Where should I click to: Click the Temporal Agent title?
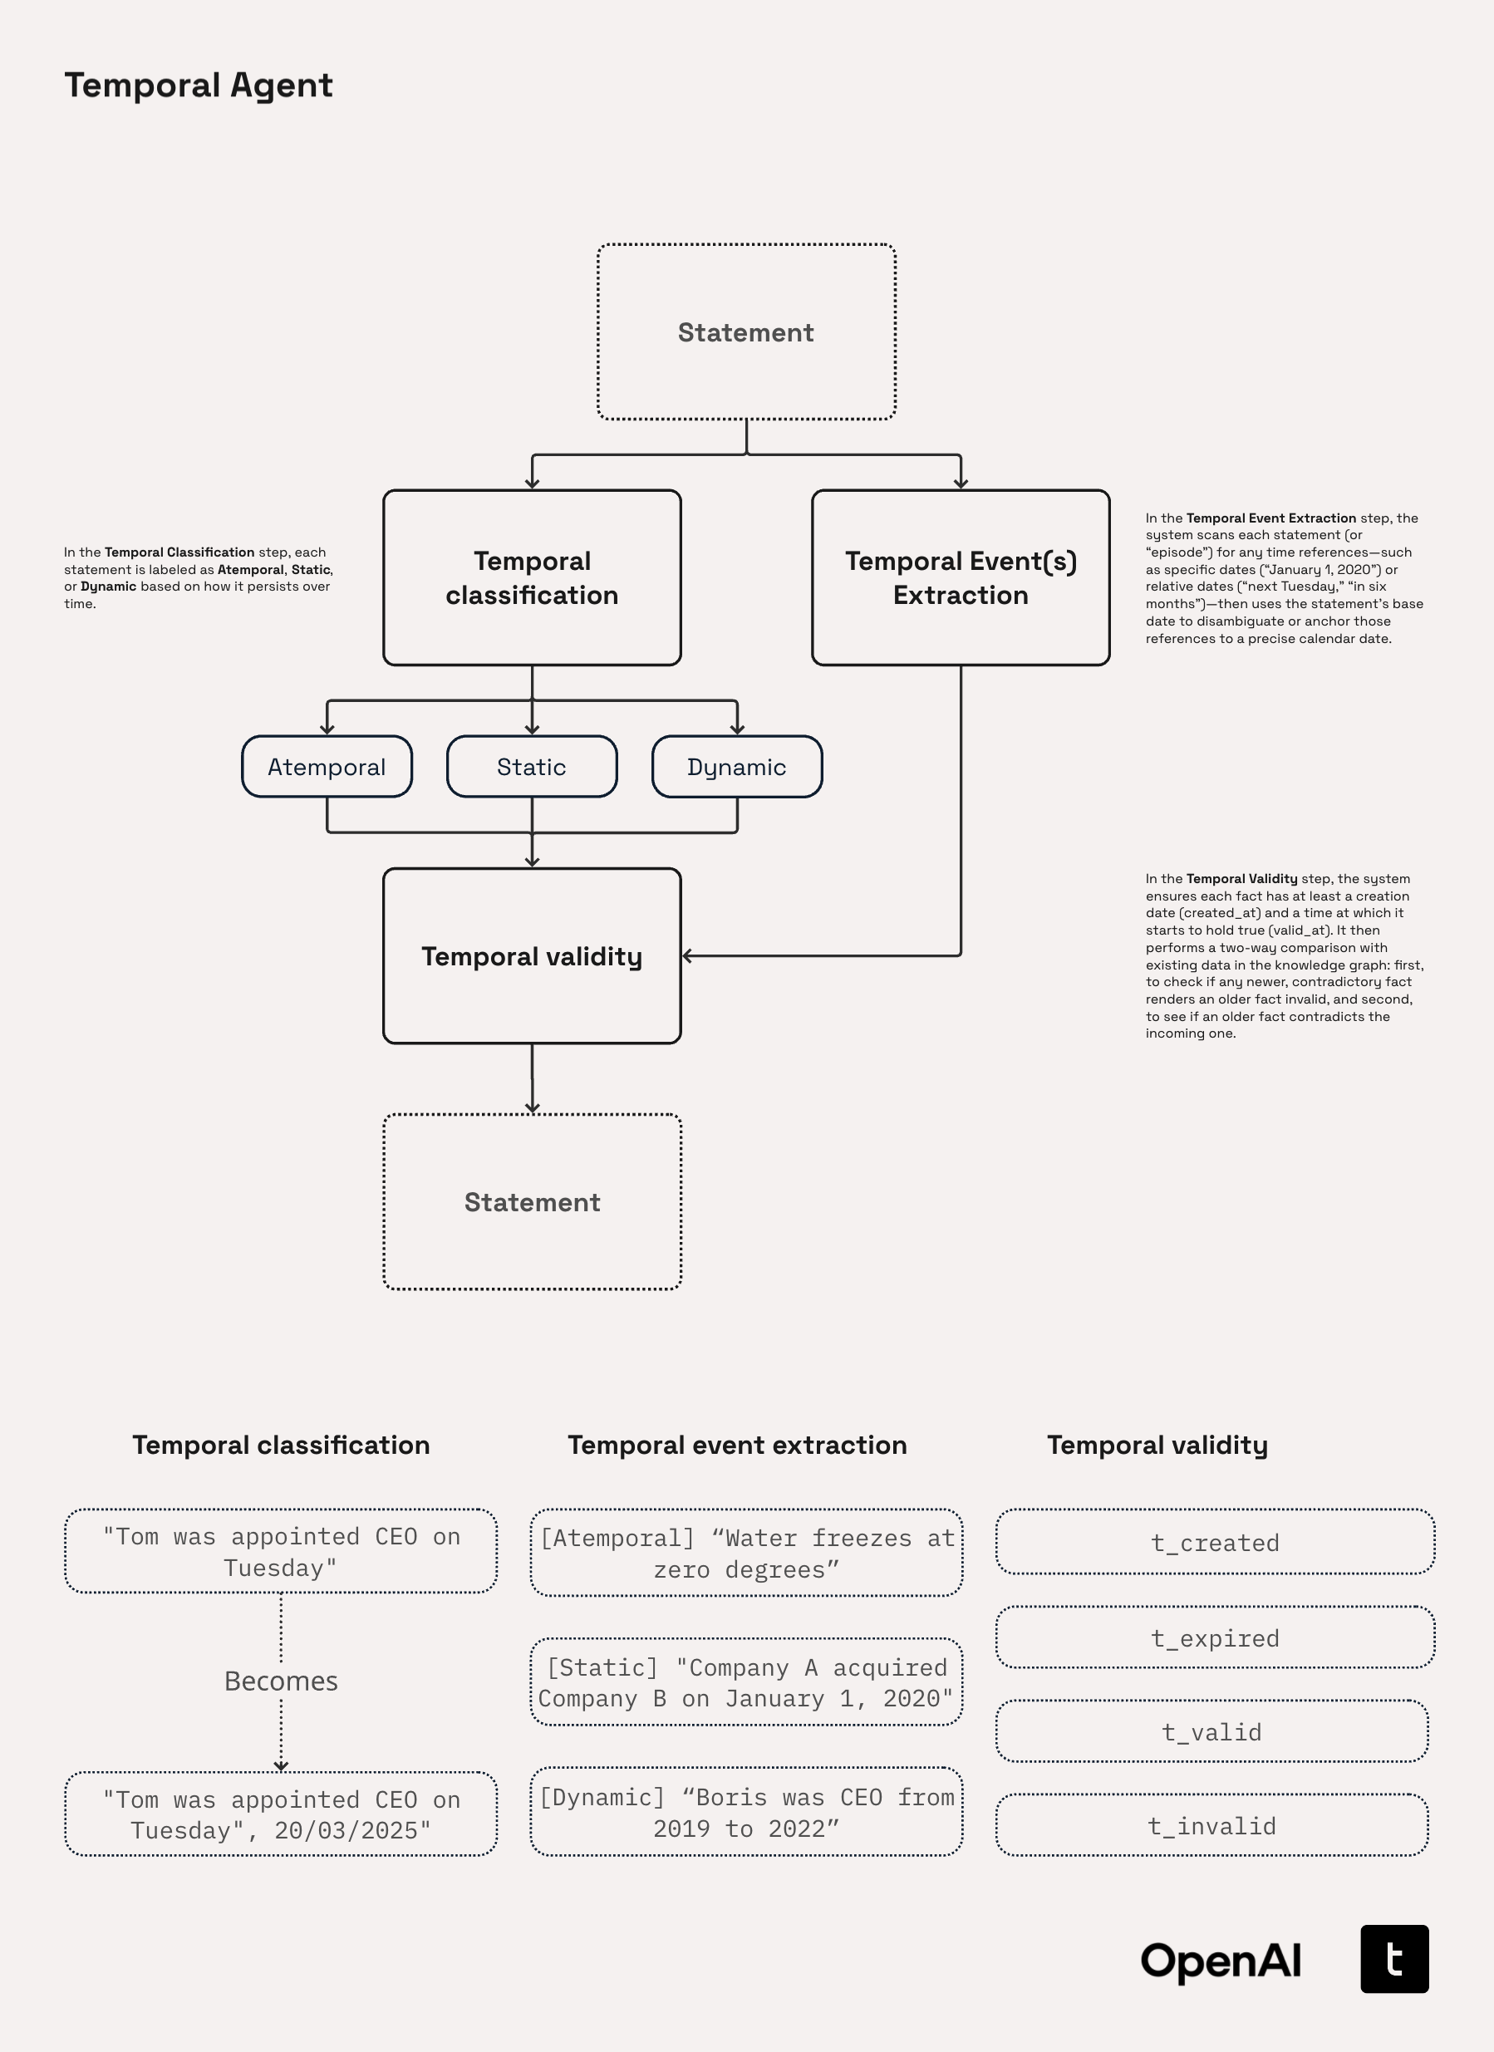(198, 85)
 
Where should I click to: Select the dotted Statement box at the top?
(745, 332)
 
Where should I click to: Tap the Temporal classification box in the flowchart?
(531, 577)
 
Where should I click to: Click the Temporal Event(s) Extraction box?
(960, 577)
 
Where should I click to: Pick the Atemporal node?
(327, 766)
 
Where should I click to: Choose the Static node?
(531, 766)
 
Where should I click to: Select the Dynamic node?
(736, 766)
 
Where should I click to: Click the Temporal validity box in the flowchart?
(531, 955)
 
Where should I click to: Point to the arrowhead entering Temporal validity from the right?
(688, 955)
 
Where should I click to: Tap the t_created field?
(1214, 1542)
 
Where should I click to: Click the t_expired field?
(1214, 1637)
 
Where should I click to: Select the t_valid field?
(1211, 1731)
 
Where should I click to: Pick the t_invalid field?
(1211, 1826)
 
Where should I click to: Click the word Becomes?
(281, 1680)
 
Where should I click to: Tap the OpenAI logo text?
(1220, 1961)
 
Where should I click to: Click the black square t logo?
(1393, 1959)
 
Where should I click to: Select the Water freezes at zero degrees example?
(745, 1553)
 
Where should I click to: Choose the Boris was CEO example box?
(745, 1812)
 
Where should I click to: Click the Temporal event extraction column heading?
(736, 1445)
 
